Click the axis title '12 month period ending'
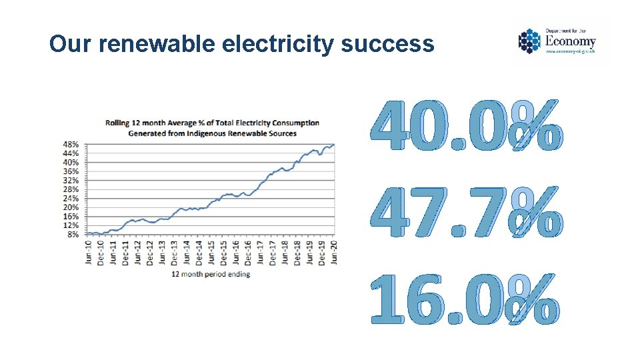[211, 275]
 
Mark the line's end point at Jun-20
[334, 145]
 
